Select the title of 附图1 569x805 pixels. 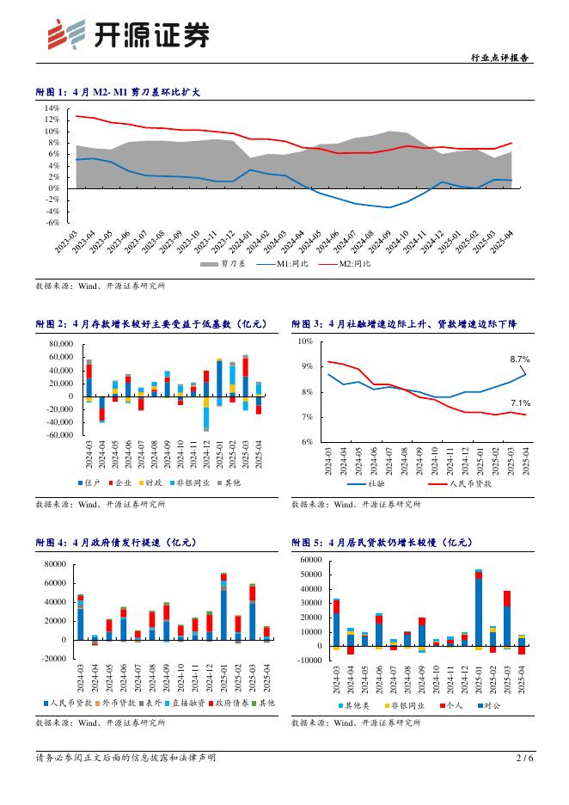[117, 91]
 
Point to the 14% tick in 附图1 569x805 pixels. [52, 108]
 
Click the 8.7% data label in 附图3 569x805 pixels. [519, 359]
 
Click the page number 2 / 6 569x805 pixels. [524, 758]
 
